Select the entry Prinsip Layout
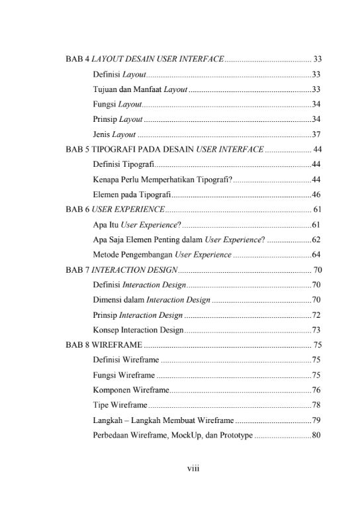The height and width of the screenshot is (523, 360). pos(118,120)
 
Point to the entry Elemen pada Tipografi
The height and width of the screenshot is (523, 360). pos(132,195)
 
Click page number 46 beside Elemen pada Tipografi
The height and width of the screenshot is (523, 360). pos(316,195)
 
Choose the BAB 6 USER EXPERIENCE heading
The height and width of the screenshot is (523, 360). pos(114,210)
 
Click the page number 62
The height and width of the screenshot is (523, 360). pos(316,240)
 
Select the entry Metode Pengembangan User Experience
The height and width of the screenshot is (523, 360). pos(162,255)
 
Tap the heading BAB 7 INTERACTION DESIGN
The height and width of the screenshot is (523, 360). pos(121,270)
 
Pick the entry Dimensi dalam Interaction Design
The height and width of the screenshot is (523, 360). pos(152,300)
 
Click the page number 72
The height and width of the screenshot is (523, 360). pos(316,315)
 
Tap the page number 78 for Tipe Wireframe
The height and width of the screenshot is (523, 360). pos(316,405)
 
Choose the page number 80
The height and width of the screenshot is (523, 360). pos(316,436)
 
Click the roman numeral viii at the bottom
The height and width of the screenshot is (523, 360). pos(193,468)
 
